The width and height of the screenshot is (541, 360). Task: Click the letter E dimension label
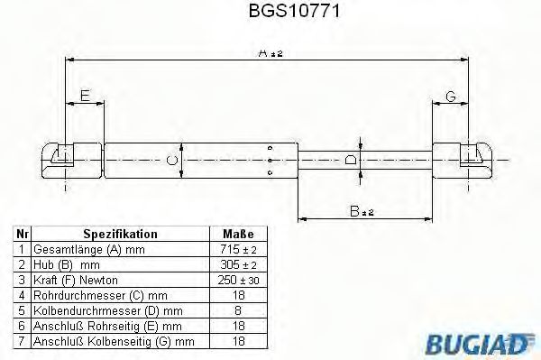pos(85,95)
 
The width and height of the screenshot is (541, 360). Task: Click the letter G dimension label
pos(450,96)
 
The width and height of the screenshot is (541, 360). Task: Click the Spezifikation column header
pos(120,233)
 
